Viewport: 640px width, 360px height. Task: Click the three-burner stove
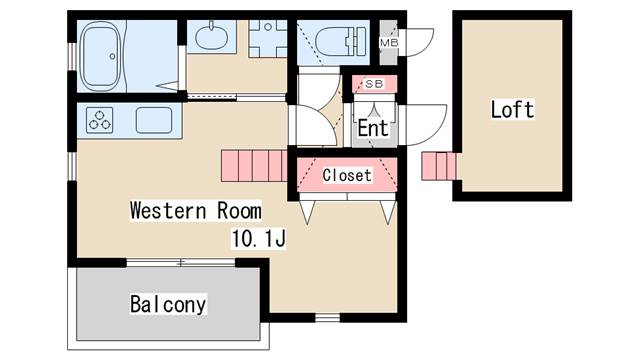102,120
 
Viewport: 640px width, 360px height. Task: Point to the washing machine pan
266,39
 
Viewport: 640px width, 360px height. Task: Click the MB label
388,43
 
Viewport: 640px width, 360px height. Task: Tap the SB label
375,83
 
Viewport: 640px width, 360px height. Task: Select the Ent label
373,128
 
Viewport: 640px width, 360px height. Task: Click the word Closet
347,175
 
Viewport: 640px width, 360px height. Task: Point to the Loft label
511,109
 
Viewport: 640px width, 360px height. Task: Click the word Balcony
168,304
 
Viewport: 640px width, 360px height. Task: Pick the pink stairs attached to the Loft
438,166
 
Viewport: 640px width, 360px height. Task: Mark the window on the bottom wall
326,318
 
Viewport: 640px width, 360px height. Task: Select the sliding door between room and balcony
180,262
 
